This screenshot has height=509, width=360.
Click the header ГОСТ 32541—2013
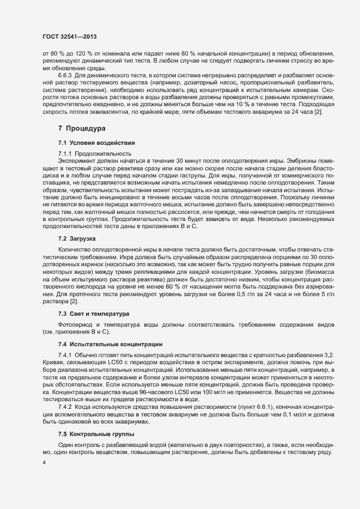click(70, 36)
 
